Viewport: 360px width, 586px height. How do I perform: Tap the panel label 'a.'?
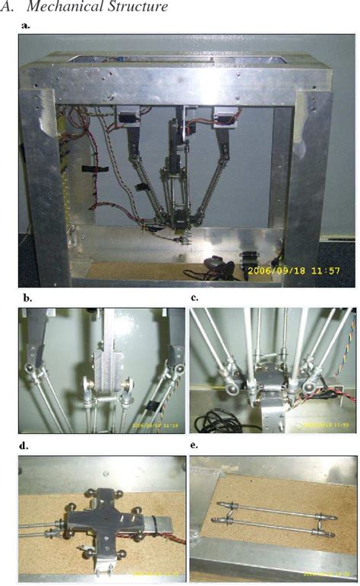(27, 26)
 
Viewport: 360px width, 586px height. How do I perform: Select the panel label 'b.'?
(27, 299)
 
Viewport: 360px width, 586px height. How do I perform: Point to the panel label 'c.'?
(195, 299)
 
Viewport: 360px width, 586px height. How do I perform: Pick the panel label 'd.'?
(27, 447)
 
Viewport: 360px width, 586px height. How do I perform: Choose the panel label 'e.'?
(195, 447)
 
